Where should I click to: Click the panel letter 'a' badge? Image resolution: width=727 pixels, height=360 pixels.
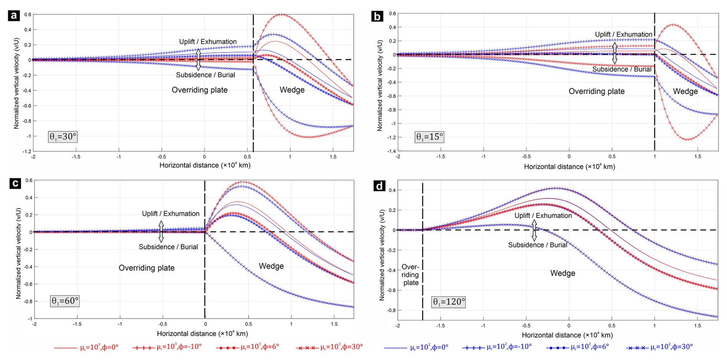click(14, 16)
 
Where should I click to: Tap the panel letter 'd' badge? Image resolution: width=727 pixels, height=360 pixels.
click(379, 186)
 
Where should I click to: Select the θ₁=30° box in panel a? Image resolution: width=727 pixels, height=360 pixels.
click(63, 137)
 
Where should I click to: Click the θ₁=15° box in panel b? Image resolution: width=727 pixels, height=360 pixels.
click(429, 137)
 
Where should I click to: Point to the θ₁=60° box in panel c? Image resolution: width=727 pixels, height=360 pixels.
click(65, 301)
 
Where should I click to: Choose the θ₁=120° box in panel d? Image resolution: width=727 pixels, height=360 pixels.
click(448, 302)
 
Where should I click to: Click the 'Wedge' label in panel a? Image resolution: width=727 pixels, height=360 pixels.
click(292, 90)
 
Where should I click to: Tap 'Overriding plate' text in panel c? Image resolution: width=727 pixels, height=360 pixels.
click(146, 268)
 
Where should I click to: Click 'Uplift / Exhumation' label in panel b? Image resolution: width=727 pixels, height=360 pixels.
click(623, 35)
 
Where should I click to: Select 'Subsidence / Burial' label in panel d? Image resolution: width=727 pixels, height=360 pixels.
click(537, 245)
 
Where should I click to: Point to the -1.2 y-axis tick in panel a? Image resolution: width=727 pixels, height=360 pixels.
click(27, 151)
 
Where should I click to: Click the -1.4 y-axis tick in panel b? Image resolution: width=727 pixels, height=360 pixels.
click(391, 151)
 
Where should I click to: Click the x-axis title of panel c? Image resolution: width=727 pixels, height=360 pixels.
click(202, 333)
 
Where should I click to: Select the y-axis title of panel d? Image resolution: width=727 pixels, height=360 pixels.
click(382, 255)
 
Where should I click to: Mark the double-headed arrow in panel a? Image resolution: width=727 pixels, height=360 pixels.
click(198, 59)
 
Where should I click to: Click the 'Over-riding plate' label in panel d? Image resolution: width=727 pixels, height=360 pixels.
click(410, 275)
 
